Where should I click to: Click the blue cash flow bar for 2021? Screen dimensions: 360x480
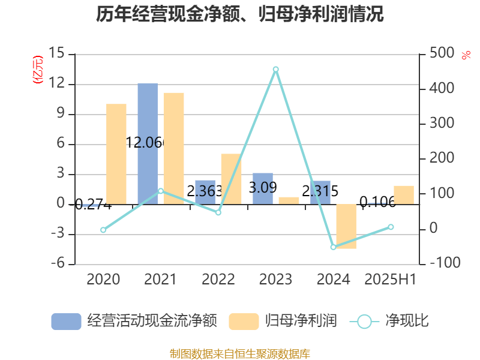(148, 143)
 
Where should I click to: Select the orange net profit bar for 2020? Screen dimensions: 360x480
(116, 154)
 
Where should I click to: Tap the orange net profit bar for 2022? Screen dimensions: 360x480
(232, 179)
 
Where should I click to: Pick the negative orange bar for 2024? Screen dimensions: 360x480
(346, 226)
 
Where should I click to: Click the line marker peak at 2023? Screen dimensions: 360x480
(275, 70)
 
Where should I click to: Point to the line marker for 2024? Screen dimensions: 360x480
(333, 247)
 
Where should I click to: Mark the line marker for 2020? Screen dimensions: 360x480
(103, 230)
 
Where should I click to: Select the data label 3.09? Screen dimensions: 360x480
(263, 188)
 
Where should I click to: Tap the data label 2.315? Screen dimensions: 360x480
(320, 191)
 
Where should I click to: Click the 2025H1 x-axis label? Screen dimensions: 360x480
(391, 279)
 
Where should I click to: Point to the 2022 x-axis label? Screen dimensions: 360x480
(218, 279)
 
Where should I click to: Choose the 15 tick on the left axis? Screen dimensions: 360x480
(57, 54)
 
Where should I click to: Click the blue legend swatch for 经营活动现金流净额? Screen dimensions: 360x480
(66, 321)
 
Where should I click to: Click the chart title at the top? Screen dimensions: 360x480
(240, 14)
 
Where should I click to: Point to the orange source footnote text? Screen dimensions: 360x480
(240, 353)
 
